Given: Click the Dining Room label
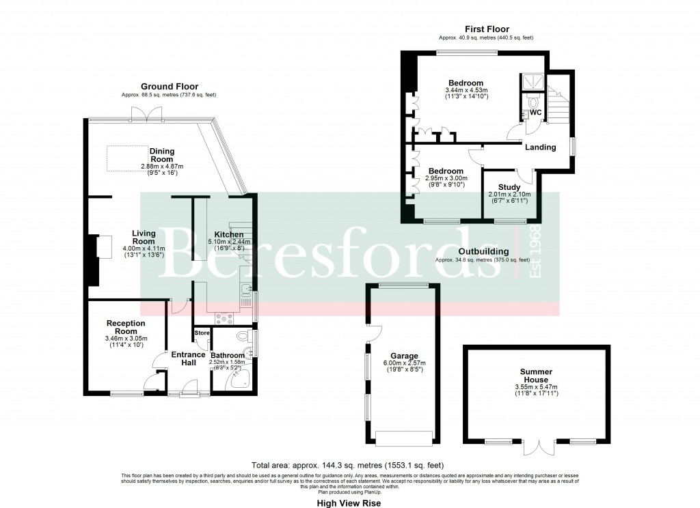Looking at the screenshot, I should (162, 155).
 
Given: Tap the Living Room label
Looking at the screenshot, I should (144, 238).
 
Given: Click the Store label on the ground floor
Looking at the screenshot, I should (202, 333).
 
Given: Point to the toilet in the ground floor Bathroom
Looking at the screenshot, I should (242, 337).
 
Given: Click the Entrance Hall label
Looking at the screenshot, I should (188, 358).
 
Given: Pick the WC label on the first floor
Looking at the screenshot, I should (536, 111).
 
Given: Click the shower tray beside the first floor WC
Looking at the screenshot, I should (531, 83).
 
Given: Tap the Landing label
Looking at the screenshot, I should (540, 147).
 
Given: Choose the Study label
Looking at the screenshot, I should (509, 187).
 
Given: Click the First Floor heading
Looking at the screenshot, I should (487, 29).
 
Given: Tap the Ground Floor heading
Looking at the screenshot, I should (170, 87).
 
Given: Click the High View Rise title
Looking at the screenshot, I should (348, 503).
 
